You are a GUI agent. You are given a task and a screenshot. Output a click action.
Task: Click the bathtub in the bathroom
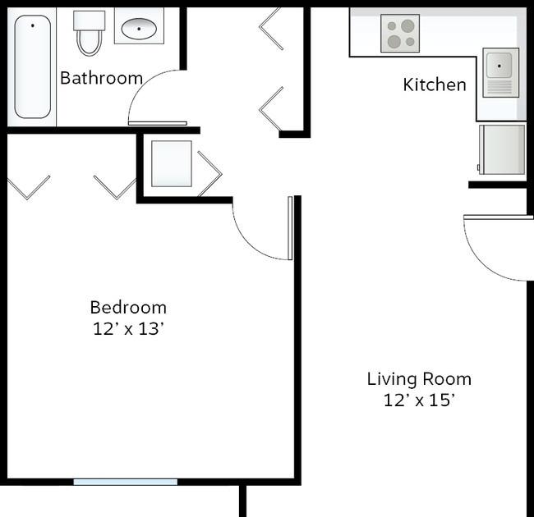32,66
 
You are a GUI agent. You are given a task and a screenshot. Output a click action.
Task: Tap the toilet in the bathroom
90,32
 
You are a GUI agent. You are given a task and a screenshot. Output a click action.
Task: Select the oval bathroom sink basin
139,29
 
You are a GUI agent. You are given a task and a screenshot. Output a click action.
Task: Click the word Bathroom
101,78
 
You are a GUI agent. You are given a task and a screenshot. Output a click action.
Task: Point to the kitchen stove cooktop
400,34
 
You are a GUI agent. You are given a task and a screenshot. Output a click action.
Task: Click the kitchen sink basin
499,65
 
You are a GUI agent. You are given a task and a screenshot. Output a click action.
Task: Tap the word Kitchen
435,85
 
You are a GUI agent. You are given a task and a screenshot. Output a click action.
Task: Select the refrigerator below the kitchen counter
502,149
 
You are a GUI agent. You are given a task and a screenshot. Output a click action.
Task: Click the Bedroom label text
128,308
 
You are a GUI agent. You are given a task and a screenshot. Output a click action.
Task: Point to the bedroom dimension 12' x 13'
128,329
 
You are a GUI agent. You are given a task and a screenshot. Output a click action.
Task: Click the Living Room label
419,379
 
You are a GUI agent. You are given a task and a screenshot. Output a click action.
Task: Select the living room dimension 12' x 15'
419,400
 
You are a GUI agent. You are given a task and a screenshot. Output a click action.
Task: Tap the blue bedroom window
126,482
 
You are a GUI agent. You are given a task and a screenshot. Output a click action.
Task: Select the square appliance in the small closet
172,163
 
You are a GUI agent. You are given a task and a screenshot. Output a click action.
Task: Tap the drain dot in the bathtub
33,25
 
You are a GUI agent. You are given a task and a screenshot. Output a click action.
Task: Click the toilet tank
90,20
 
